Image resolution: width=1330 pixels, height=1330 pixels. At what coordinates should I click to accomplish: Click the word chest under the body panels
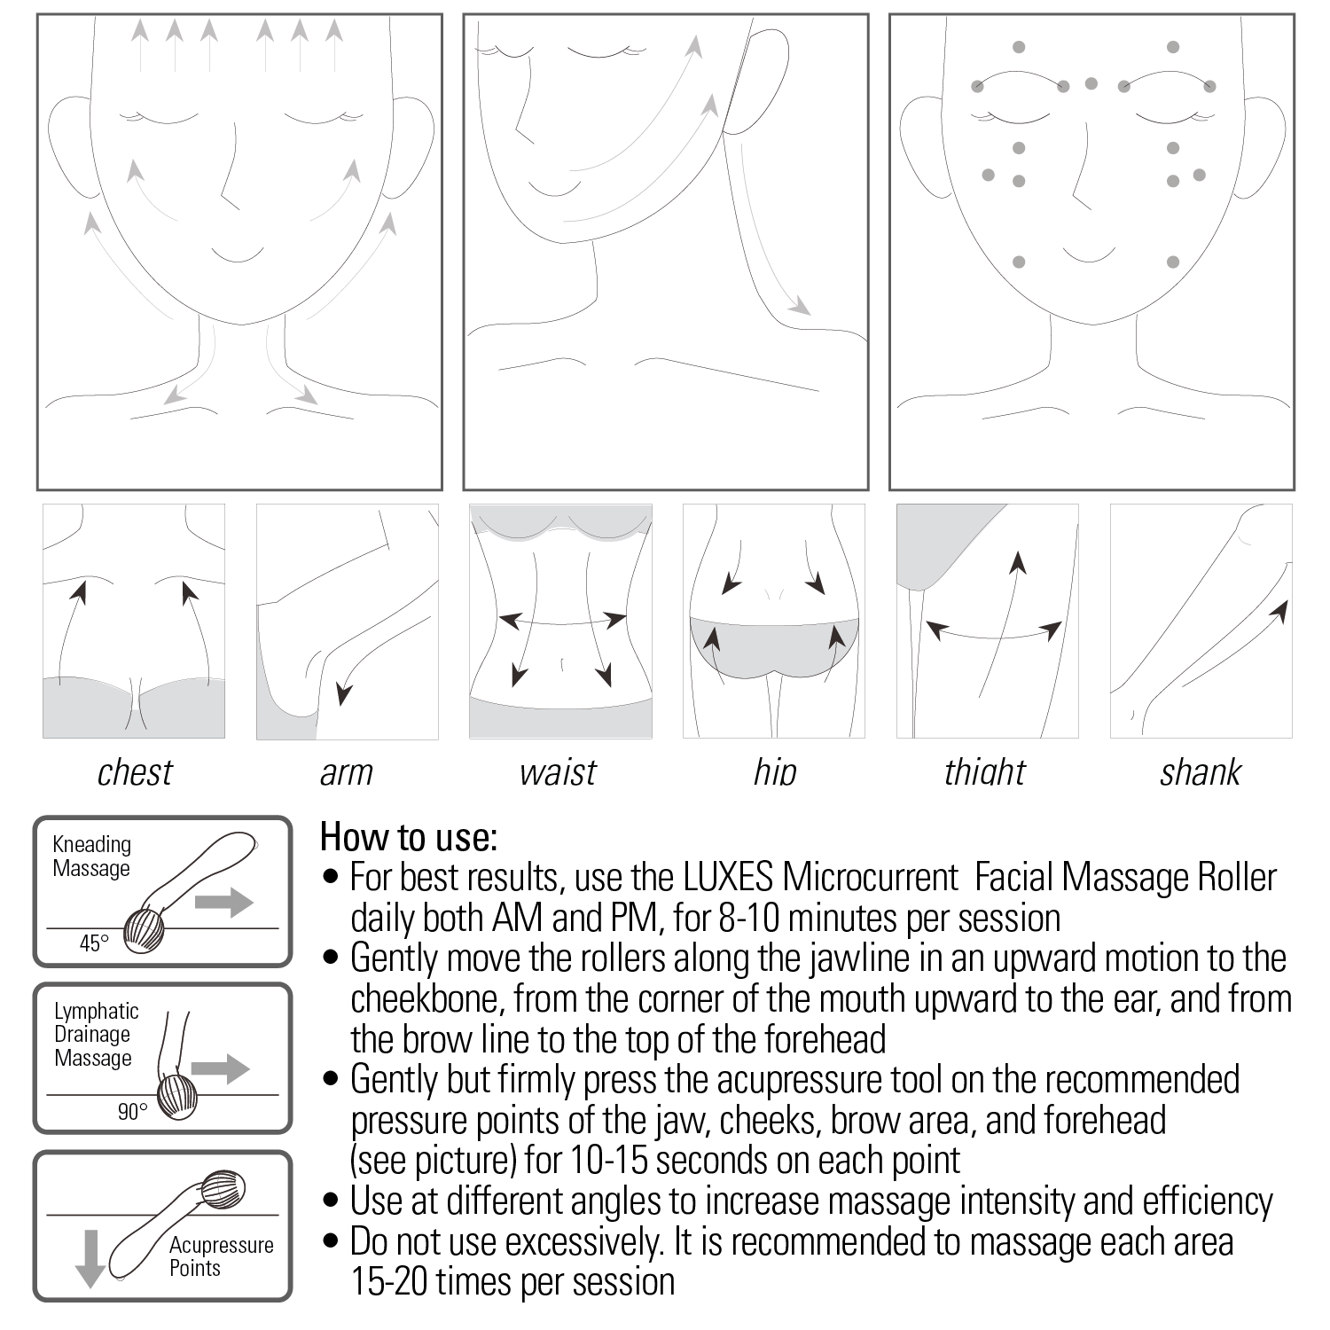[x=135, y=772]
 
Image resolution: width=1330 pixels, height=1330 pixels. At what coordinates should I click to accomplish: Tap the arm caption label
[x=346, y=772]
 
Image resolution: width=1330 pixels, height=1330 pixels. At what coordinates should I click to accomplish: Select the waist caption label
[x=559, y=772]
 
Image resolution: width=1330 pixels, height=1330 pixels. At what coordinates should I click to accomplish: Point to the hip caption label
[x=775, y=772]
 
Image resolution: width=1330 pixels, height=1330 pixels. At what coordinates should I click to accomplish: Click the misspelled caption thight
[x=985, y=772]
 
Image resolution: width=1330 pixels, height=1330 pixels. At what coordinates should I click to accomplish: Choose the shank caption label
[x=1201, y=772]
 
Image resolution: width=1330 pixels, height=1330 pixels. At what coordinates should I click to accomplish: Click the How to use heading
[x=409, y=836]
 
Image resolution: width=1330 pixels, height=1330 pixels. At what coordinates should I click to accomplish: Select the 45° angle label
[x=94, y=943]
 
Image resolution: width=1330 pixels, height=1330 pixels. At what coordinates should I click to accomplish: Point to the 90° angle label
[x=132, y=1111]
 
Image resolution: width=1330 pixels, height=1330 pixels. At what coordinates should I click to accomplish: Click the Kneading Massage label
[x=91, y=857]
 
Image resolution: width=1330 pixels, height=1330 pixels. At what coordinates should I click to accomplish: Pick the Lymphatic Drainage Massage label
[x=96, y=1035]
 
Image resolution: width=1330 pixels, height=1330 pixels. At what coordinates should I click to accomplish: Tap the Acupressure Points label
[x=221, y=1256]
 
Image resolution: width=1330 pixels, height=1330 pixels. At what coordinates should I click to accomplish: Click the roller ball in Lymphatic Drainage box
[x=177, y=1098]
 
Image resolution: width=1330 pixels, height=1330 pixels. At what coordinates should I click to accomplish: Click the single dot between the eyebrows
[x=1091, y=84]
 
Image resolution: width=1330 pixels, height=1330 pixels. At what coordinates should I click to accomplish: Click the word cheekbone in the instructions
[x=427, y=999]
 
